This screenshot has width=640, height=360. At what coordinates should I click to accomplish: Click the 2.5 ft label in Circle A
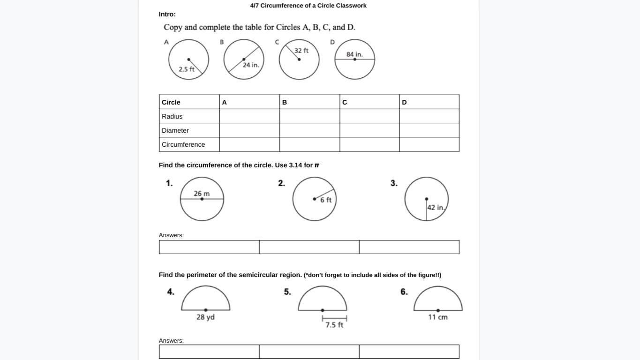click(187, 69)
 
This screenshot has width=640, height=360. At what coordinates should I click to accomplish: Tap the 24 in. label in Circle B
click(251, 65)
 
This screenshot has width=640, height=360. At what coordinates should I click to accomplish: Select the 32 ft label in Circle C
click(301, 50)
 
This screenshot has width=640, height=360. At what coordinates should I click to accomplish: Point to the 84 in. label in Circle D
click(354, 54)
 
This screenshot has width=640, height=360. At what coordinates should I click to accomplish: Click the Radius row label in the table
click(172, 116)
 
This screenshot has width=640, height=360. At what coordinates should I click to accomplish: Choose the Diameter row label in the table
click(175, 130)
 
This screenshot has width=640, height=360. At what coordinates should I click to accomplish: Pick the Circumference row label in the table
click(183, 144)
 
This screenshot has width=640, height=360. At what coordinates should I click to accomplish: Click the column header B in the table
click(285, 102)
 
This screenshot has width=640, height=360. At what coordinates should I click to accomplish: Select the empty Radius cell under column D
click(429, 116)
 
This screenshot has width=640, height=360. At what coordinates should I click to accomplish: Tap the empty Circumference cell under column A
click(249, 144)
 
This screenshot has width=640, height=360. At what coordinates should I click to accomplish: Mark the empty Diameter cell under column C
click(369, 130)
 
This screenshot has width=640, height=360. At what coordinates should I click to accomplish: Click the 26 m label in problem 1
click(202, 194)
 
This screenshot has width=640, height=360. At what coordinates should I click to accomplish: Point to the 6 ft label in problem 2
click(326, 200)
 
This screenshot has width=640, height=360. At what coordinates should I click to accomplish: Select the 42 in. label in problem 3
click(436, 207)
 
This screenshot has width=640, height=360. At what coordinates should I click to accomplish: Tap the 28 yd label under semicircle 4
click(205, 317)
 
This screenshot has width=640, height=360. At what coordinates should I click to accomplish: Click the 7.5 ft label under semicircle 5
click(334, 324)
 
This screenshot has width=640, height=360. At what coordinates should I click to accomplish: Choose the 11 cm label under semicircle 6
click(438, 317)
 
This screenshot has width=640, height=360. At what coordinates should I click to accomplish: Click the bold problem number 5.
click(287, 292)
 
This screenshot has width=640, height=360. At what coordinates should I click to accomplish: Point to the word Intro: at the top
click(167, 14)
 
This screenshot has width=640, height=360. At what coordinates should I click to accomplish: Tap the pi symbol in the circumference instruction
click(317, 165)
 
